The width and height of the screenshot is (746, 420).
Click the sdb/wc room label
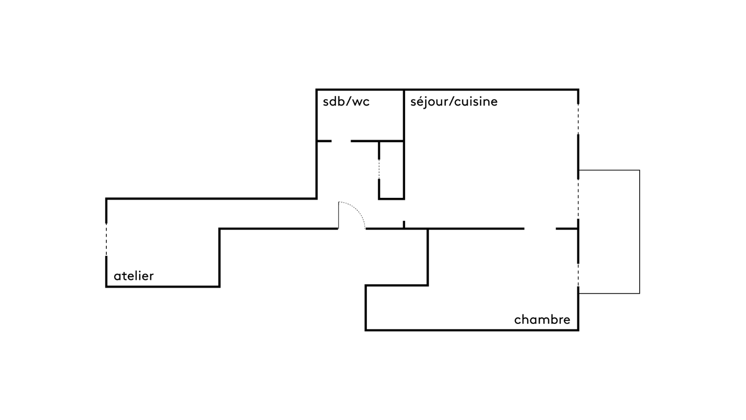[346, 102]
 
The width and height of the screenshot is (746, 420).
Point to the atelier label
[133, 276]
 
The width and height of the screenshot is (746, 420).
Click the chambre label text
[542, 320]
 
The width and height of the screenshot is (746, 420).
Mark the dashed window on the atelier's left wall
[106, 239]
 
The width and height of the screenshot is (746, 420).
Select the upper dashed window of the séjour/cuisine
[579, 119]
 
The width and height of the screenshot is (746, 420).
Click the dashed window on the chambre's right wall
[579, 275]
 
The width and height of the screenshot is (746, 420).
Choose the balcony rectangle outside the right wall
[609, 232]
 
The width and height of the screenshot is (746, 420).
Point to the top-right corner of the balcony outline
[639, 170]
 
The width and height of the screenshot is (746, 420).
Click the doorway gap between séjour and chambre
[540, 229]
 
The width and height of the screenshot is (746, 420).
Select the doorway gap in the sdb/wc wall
[341, 141]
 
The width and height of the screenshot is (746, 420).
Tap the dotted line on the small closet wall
[379, 169]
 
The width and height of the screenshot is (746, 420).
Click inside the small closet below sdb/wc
[392, 170]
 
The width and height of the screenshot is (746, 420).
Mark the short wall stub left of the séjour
[404, 224]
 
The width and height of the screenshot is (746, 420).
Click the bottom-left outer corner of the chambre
[366, 330]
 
